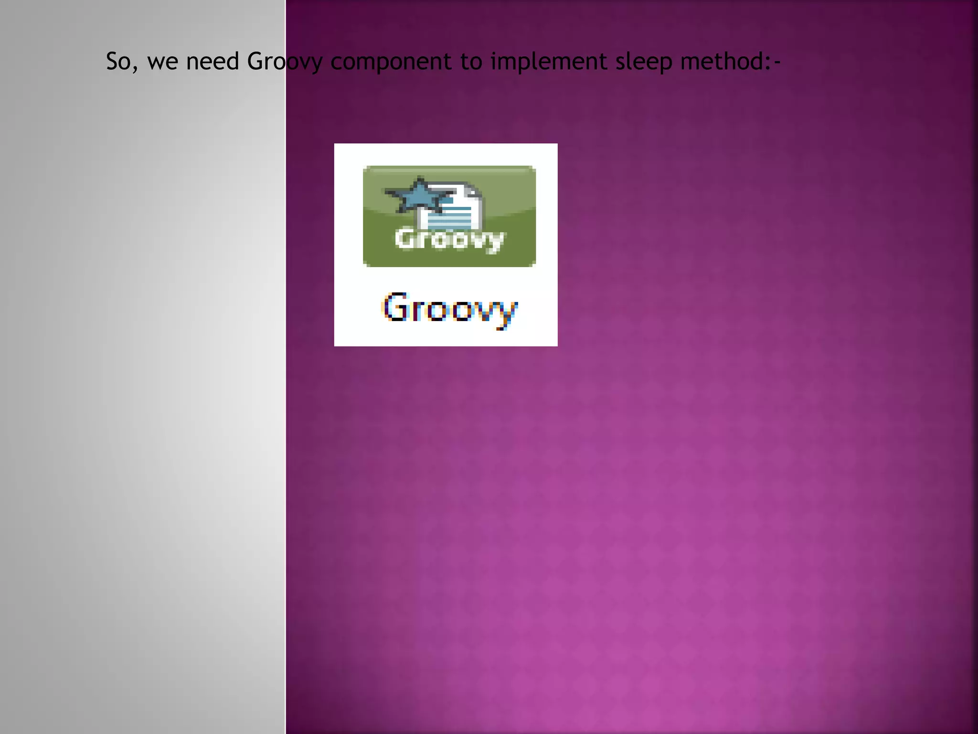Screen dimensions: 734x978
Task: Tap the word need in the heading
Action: click(213, 62)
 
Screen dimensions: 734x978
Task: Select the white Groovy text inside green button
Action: click(449, 239)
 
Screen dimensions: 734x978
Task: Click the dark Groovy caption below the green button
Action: click(450, 309)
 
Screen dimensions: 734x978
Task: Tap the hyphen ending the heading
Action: click(777, 62)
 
